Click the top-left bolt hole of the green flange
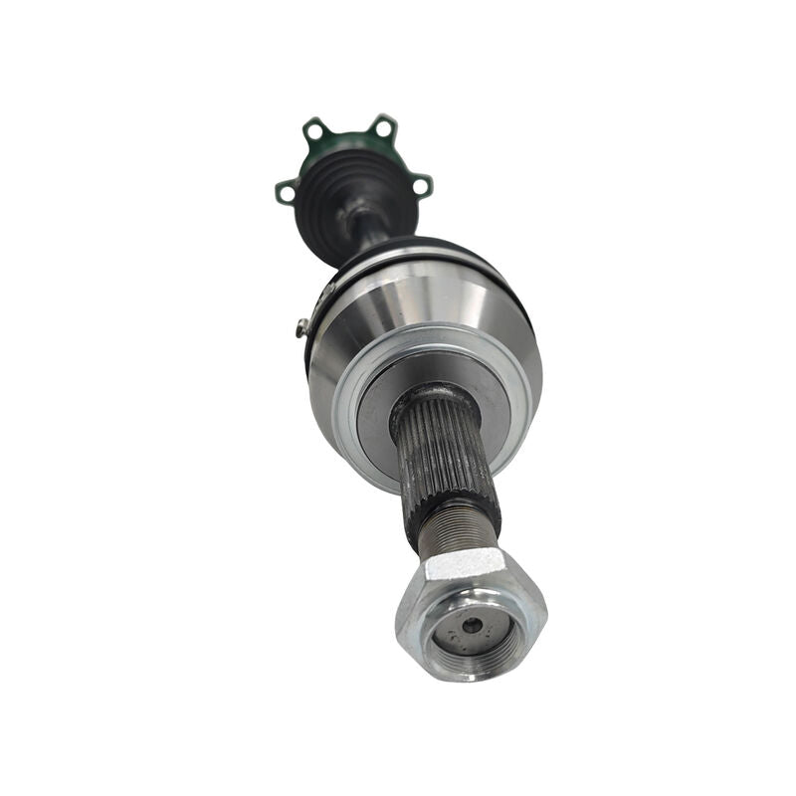pos(315,129)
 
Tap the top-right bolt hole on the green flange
pos(382,124)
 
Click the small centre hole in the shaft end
pos(473,625)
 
